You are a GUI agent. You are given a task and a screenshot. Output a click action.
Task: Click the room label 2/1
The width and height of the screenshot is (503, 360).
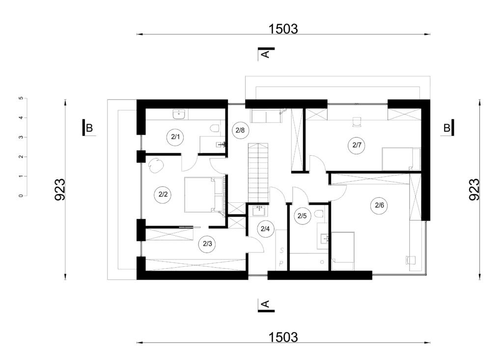175,138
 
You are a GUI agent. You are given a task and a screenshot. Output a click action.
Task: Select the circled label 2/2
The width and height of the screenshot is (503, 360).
163,194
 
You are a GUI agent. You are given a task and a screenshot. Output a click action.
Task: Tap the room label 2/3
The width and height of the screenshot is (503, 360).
207,244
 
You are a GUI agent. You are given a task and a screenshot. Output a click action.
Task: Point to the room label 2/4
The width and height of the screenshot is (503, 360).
265,229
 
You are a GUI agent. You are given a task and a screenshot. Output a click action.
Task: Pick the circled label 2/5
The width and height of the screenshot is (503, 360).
302,216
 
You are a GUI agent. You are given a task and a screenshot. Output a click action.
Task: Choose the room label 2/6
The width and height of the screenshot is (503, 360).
379,205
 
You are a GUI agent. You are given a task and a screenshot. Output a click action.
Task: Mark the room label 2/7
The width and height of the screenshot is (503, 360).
357,145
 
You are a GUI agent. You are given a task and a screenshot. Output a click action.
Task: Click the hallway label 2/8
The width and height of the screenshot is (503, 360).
240,130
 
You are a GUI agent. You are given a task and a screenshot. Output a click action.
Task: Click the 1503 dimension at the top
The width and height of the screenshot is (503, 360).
283,29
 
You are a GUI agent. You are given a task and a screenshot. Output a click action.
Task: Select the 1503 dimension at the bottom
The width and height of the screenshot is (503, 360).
283,337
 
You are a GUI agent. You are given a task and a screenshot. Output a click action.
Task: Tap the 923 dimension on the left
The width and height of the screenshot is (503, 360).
60,190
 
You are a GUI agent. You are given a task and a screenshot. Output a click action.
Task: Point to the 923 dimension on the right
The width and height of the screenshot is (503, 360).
475,190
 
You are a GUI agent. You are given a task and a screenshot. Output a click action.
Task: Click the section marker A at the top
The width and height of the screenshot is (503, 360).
266,54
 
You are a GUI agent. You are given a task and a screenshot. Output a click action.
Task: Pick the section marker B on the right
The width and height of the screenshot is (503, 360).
447,128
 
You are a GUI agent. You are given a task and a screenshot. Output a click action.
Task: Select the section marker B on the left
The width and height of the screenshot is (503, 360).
89,128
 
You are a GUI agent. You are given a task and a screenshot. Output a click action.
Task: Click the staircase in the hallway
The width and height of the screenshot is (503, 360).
258,172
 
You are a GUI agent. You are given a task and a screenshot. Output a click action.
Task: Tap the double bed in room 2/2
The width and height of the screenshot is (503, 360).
204,194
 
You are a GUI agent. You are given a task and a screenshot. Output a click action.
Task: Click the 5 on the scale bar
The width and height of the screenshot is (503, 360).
21,98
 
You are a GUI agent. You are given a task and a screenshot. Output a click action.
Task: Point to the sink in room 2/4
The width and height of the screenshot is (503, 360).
259,211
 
